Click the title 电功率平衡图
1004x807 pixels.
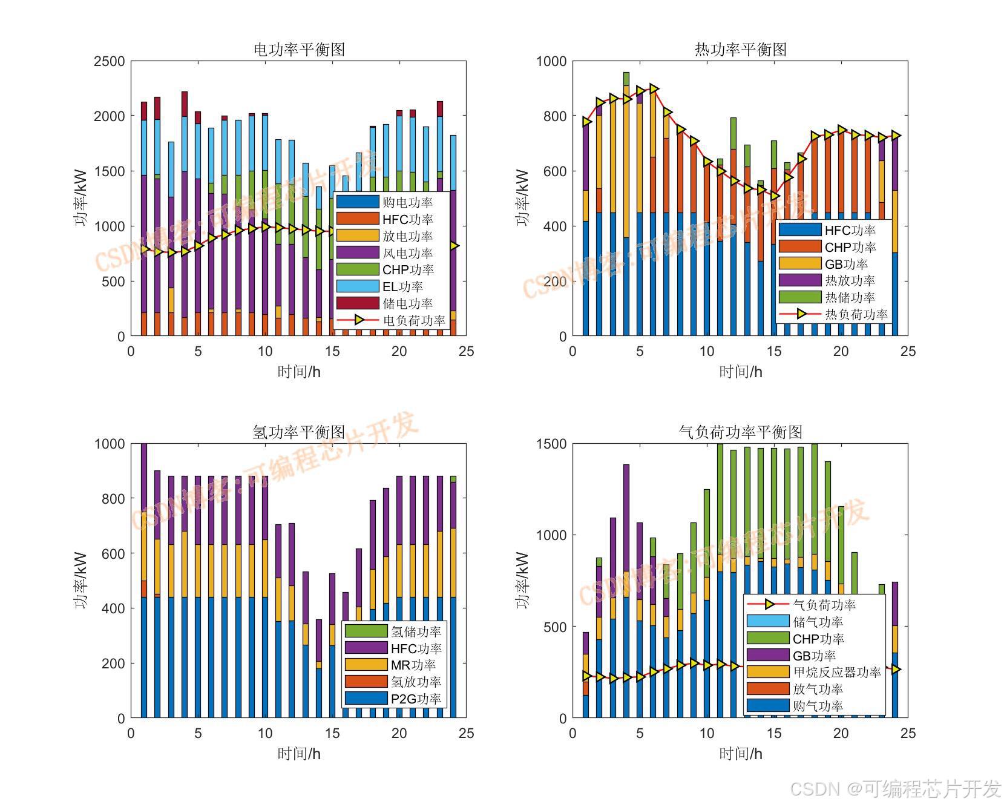pyautogui.click(x=299, y=50)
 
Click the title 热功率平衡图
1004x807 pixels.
pyautogui.click(x=740, y=50)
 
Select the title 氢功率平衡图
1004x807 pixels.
pyautogui.click(x=299, y=432)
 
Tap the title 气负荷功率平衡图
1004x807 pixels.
pyautogui.click(x=740, y=432)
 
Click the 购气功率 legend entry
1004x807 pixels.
pyautogui.click(x=818, y=706)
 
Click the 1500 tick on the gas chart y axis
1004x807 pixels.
pyautogui.click(x=551, y=444)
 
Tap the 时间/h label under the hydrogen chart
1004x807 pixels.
pyautogui.click(x=299, y=754)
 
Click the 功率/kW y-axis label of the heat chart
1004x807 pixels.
pyautogui.click(x=522, y=198)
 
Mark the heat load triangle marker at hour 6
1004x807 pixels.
pyautogui.click(x=654, y=89)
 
